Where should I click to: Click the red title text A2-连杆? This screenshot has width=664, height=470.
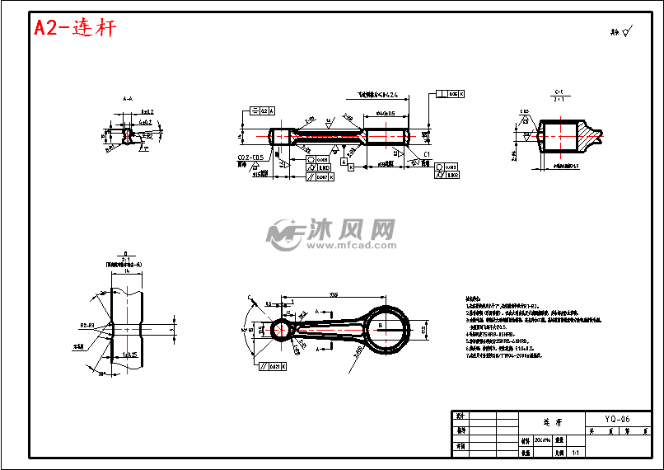pyautogui.click(x=75, y=28)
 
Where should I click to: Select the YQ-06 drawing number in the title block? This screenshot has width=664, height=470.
pyautogui.click(x=610, y=419)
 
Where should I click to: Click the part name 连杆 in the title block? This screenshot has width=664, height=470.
pyautogui.click(x=551, y=421)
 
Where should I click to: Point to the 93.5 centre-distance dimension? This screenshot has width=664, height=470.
pyautogui.click(x=333, y=294)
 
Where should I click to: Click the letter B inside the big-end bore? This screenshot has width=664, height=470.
pyautogui.click(x=380, y=327)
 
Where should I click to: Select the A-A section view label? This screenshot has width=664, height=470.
pyautogui.click(x=128, y=98)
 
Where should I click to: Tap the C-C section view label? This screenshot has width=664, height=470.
pyautogui.click(x=559, y=92)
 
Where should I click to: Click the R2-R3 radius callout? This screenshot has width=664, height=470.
pyautogui.click(x=86, y=325)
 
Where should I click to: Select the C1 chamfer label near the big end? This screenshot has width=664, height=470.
pyautogui.click(x=427, y=154)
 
